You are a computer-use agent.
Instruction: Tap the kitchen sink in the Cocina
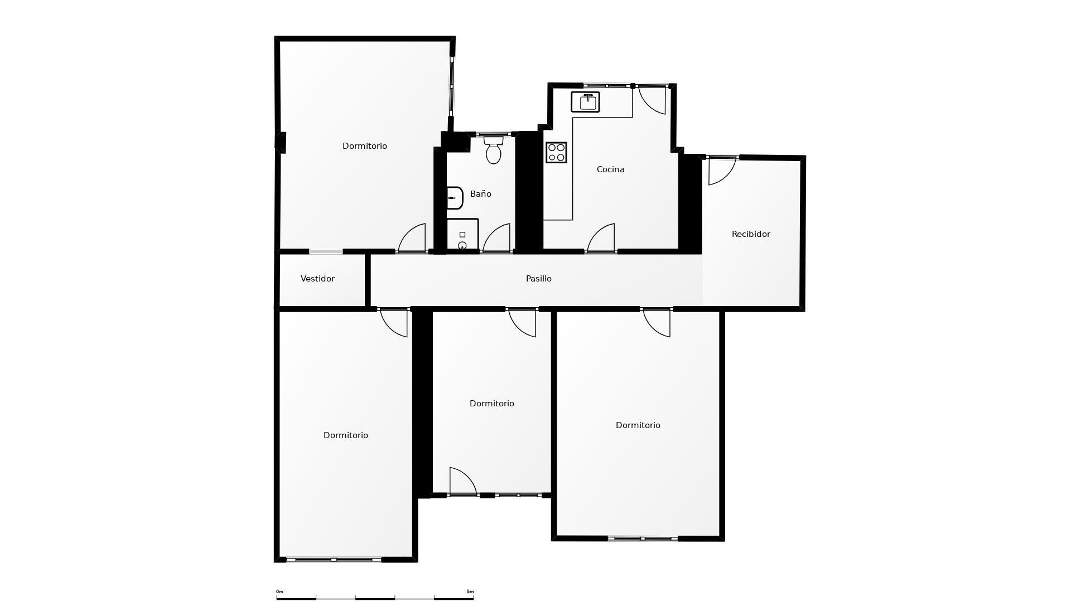[585, 102]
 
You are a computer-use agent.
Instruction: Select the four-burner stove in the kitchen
[556, 152]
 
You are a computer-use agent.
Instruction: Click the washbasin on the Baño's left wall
[455, 198]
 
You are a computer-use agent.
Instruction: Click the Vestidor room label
[317, 279]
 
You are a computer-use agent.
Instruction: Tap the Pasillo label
[538, 279]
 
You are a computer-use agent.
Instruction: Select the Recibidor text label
[750, 234]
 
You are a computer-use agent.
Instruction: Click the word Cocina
[610, 169]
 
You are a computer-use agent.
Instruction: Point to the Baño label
[480, 194]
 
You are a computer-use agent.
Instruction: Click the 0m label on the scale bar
[279, 591]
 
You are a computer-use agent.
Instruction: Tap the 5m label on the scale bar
[470, 591]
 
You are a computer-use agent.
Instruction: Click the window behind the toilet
[494, 134]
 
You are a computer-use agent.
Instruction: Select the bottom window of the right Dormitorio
[643, 538]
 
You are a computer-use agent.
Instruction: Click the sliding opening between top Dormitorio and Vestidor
[326, 252]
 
